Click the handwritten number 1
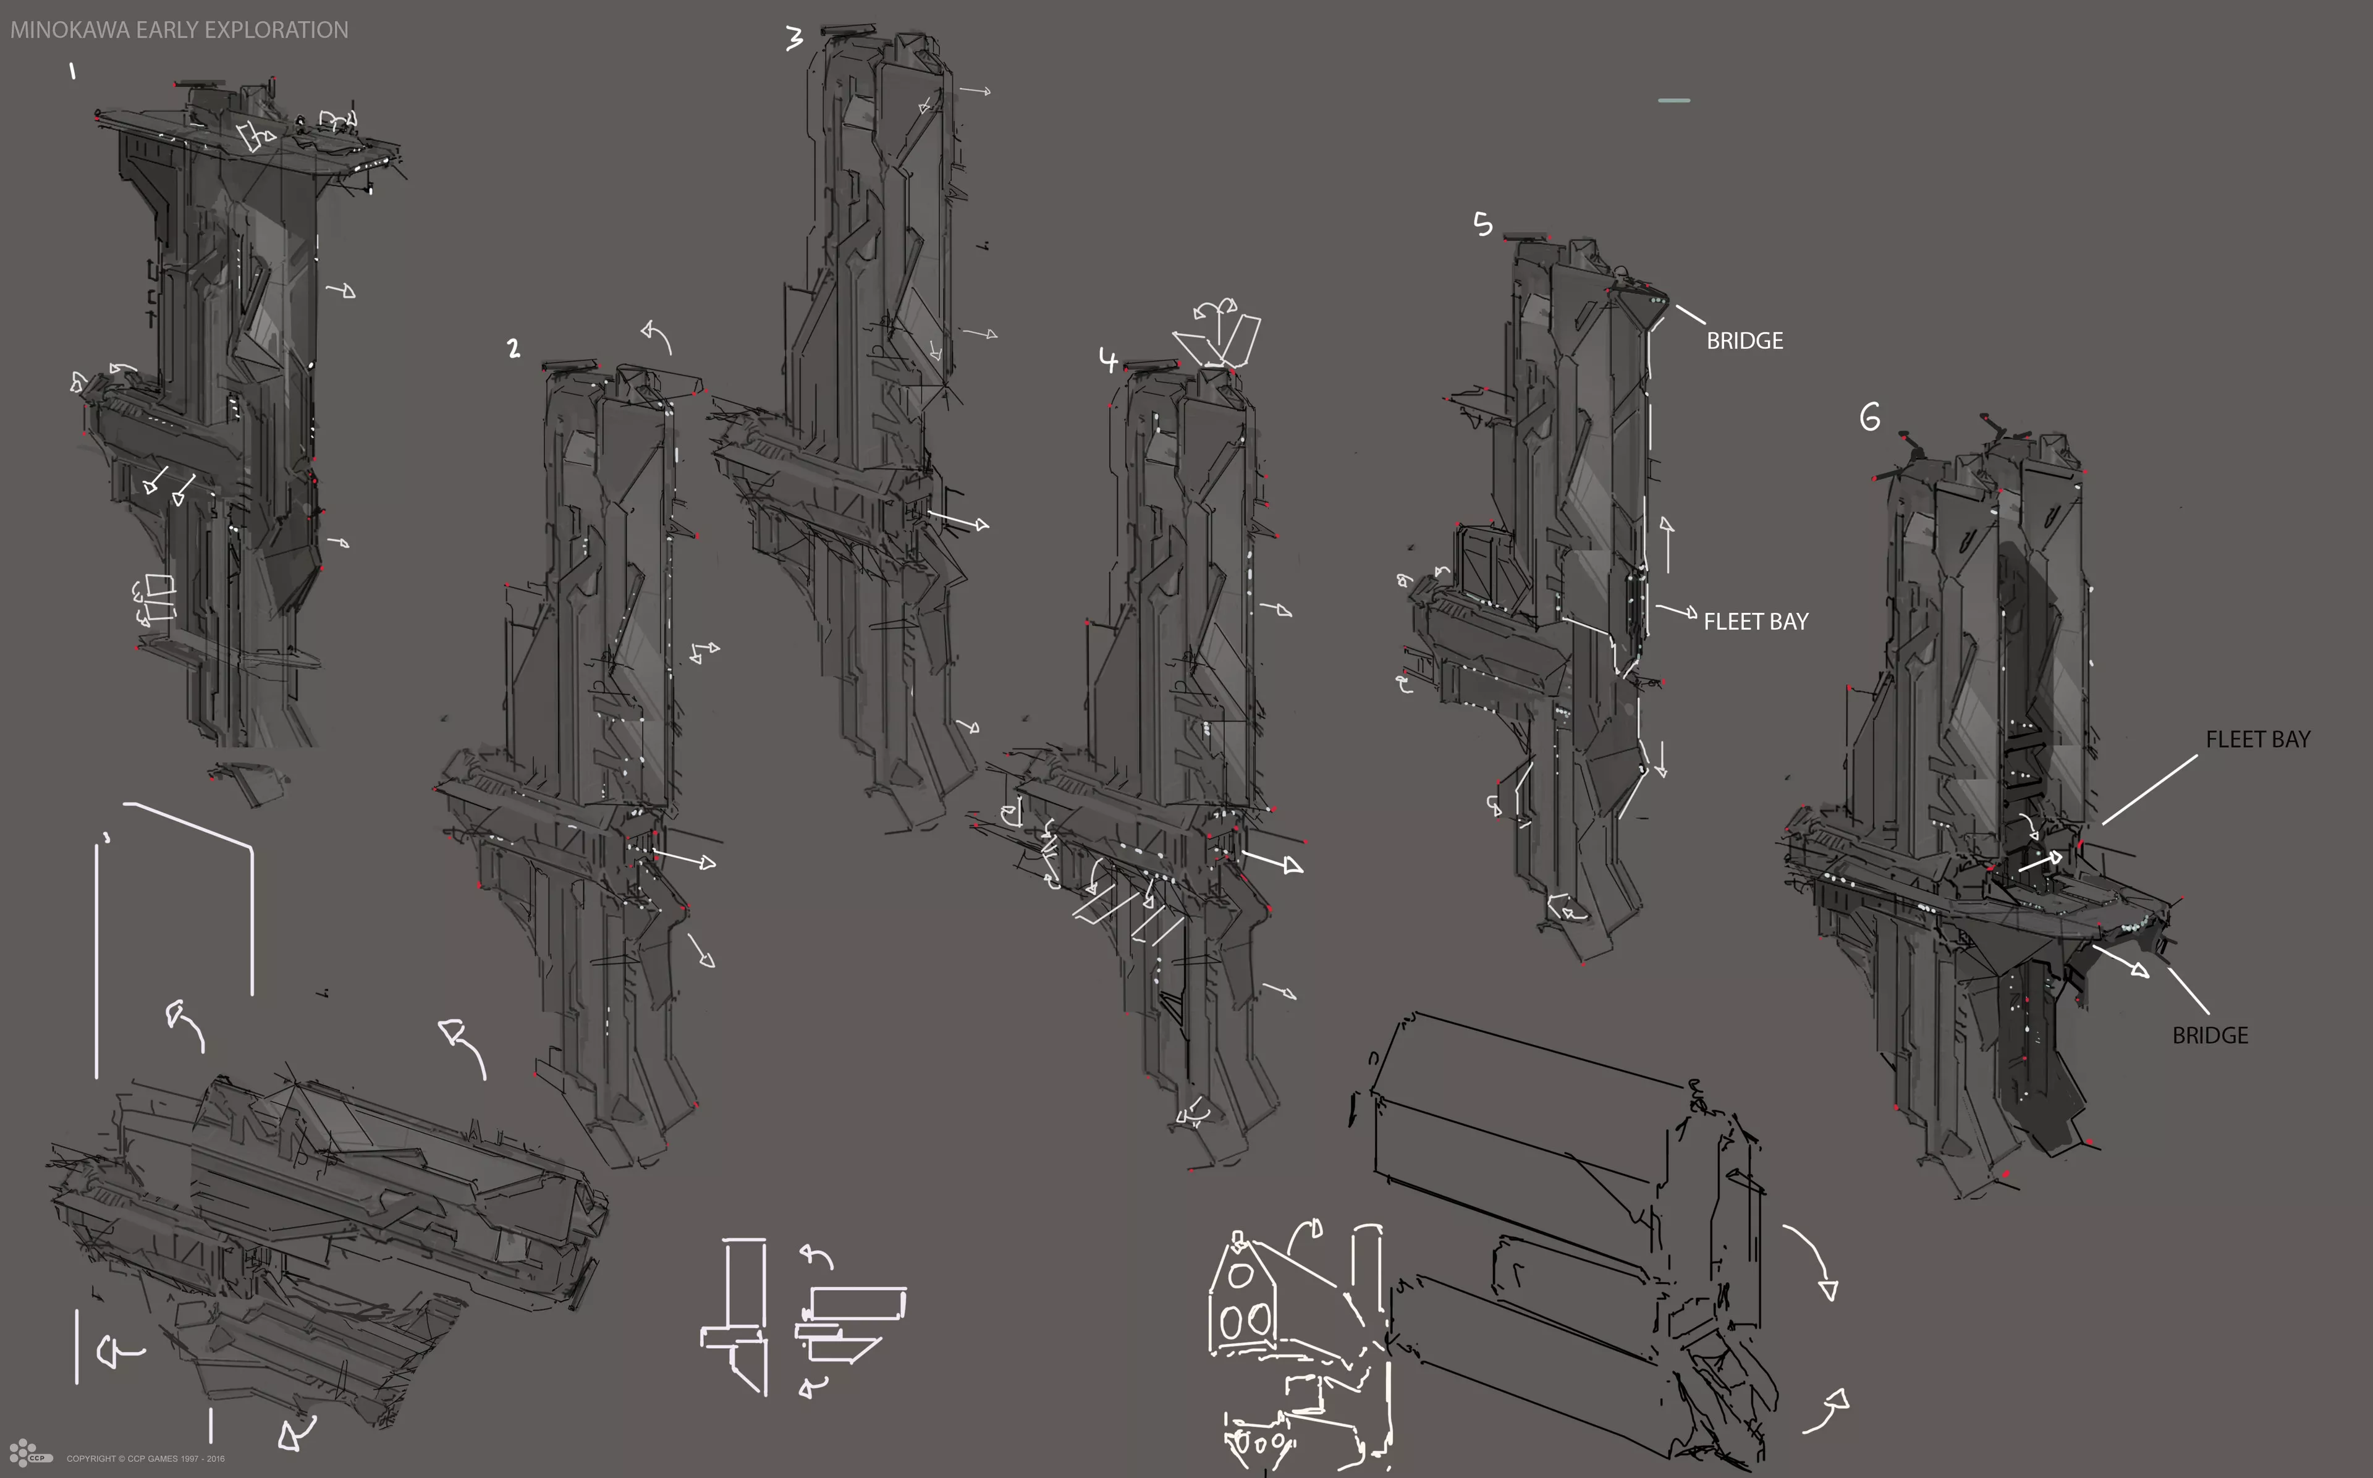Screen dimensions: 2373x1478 72,70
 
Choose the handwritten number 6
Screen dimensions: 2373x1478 1870,418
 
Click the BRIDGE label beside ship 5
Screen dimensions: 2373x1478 1745,341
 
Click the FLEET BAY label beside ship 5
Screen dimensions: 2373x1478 1755,622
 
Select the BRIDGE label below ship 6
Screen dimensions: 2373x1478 2210,1035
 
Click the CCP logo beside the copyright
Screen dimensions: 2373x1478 29,1453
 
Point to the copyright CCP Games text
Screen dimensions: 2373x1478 146,1458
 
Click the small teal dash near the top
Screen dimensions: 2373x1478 1674,99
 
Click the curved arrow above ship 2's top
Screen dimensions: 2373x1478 657,336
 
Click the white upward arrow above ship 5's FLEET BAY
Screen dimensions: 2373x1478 1667,544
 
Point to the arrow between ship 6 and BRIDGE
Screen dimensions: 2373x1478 2121,961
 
